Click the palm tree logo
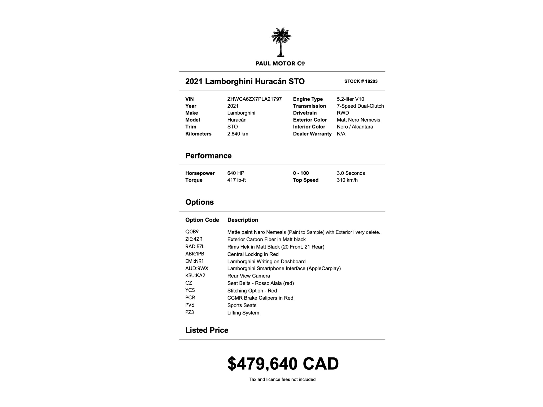click(281, 42)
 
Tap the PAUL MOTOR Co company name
click(280, 64)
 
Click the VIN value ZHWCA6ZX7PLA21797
click(254, 99)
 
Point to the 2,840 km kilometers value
click(238, 134)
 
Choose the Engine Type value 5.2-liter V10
click(350, 99)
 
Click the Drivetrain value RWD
click(343, 113)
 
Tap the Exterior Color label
click(310, 120)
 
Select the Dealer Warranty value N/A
click(341, 134)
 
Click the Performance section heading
click(208, 156)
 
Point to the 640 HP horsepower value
click(235, 173)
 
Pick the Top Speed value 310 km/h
click(347, 180)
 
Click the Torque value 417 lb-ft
click(236, 180)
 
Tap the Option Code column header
click(202, 220)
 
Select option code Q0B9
click(192, 232)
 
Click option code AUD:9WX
click(197, 268)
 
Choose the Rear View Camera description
click(248, 276)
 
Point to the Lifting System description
click(243, 313)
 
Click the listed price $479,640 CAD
click(283, 364)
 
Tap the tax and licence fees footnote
click(282, 379)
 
